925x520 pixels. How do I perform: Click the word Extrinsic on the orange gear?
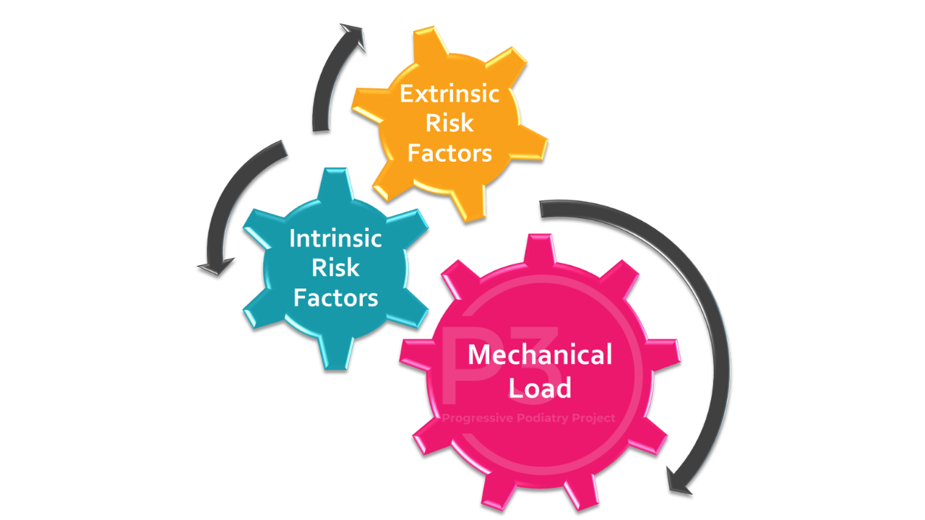click(449, 94)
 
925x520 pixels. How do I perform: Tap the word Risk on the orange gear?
click(449, 123)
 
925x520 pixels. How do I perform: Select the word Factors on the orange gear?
click(449, 153)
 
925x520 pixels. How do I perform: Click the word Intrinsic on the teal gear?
click(335, 238)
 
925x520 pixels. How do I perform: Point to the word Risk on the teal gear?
click(335, 268)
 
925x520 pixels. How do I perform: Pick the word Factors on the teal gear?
click(336, 298)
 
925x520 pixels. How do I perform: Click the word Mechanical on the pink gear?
click(540, 355)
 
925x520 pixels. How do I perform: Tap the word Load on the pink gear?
click(540, 388)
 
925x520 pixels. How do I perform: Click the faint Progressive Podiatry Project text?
click(528, 418)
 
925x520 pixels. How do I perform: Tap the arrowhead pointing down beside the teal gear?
click(215, 266)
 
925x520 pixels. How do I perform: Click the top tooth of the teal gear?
click(336, 183)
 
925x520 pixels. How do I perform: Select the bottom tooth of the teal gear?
click(336, 354)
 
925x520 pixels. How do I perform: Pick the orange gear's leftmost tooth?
click(368, 105)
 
